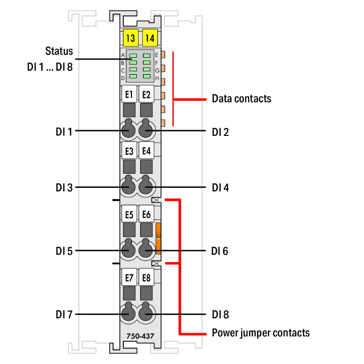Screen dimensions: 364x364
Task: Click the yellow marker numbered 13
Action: click(x=130, y=37)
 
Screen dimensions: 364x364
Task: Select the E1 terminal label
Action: click(x=129, y=94)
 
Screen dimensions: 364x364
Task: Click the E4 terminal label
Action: click(x=146, y=151)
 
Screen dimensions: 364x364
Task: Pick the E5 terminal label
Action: click(x=129, y=214)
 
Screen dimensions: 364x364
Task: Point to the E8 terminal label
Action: click(x=146, y=278)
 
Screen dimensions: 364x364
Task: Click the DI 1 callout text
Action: click(x=64, y=131)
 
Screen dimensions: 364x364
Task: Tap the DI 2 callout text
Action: click(x=220, y=131)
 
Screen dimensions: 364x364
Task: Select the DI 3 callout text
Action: click(x=64, y=187)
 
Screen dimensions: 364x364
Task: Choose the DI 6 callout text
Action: click(x=220, y=251)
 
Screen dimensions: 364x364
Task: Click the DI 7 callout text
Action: click(x=64, y=314)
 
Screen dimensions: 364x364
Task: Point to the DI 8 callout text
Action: click(x=220, y=314)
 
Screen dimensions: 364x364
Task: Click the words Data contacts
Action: click(x=241, y=99)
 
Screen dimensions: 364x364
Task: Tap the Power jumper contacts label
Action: click(x=261, y=333)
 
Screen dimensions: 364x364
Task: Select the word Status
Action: click(x=59, y=51)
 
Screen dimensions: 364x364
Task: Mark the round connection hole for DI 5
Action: click(x=129, y=250)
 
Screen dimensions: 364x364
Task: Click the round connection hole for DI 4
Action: click(x=146, y=187)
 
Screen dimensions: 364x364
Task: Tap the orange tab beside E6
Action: click(x=158, y=238)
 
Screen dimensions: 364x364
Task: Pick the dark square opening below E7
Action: click(x=129, y=293)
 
